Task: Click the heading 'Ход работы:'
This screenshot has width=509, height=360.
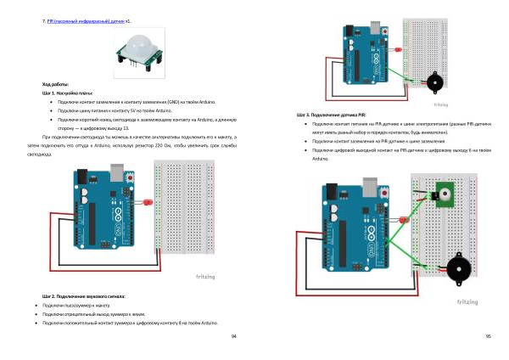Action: [55, 84]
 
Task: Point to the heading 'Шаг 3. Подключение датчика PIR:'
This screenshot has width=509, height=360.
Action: [332, 115]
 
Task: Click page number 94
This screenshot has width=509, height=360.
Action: [233, 337]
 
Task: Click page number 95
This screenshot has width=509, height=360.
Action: [489, 337]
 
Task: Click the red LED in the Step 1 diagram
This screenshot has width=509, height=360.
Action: [146, 204]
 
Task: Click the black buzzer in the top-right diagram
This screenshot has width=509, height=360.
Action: [433, 83]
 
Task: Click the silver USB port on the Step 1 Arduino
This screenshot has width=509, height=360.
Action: [116, 173]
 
